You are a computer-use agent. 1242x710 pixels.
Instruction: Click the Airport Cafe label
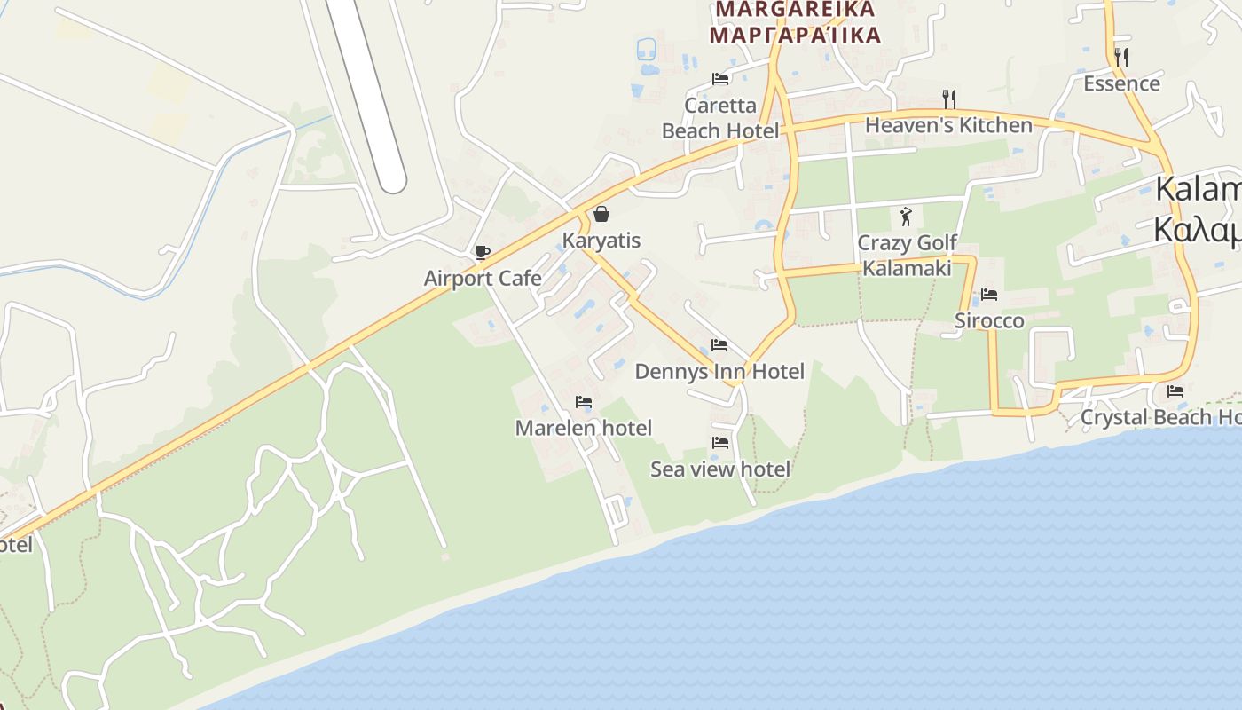pos(483,279)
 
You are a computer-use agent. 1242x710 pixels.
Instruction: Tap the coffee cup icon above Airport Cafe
pos(482,253)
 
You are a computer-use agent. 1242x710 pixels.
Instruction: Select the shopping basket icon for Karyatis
pos(601,214)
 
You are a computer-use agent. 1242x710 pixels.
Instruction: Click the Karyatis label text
pos(601,241)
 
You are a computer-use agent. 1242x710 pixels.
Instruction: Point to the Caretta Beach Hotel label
pos(720,118)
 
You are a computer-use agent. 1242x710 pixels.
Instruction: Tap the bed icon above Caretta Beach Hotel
pos(720,79)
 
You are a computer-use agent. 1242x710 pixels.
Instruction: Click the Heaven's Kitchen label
pos(948,125)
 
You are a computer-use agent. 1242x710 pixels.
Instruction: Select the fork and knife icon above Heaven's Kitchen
pos(948,98)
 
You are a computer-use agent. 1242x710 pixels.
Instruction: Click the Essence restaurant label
pos(1121,83)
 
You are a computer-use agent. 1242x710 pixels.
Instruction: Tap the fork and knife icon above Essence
pos(1121,57)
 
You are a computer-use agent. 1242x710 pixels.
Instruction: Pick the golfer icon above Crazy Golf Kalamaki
pos(906,217)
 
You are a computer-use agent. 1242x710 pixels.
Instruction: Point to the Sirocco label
pos(989,320)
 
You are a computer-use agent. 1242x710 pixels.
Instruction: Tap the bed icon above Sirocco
pos(989,295)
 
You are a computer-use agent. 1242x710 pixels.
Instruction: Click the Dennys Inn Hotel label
pos(719,371)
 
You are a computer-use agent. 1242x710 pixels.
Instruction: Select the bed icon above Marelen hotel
pos(584,402)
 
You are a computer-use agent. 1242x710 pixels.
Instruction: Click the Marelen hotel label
pos(584,428)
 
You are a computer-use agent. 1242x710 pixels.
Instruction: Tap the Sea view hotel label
pos(720,469)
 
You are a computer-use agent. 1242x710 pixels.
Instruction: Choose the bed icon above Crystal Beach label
pos(1175,390)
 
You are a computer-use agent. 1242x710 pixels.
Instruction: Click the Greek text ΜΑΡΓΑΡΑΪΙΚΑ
pos(796,35)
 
